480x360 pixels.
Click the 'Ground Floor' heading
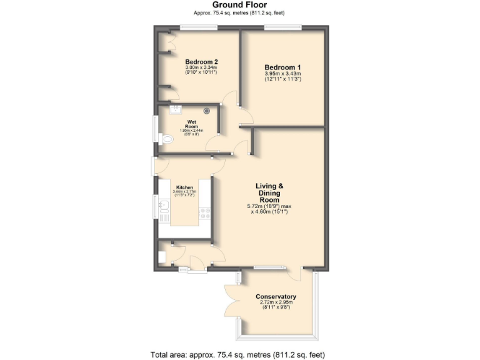click(x=239, y=4)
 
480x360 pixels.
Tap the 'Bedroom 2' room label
click(x=201, y=62)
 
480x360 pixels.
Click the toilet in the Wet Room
click(x=166, y=139)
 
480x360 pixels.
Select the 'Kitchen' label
click(x=184, y=187)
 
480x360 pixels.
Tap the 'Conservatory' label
click(x=276, y=296)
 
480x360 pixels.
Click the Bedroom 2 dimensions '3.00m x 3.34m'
click(x=201, y=68)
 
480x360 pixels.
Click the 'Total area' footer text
click(x=239, y=354)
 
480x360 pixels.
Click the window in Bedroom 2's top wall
click(x=199, y=27)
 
